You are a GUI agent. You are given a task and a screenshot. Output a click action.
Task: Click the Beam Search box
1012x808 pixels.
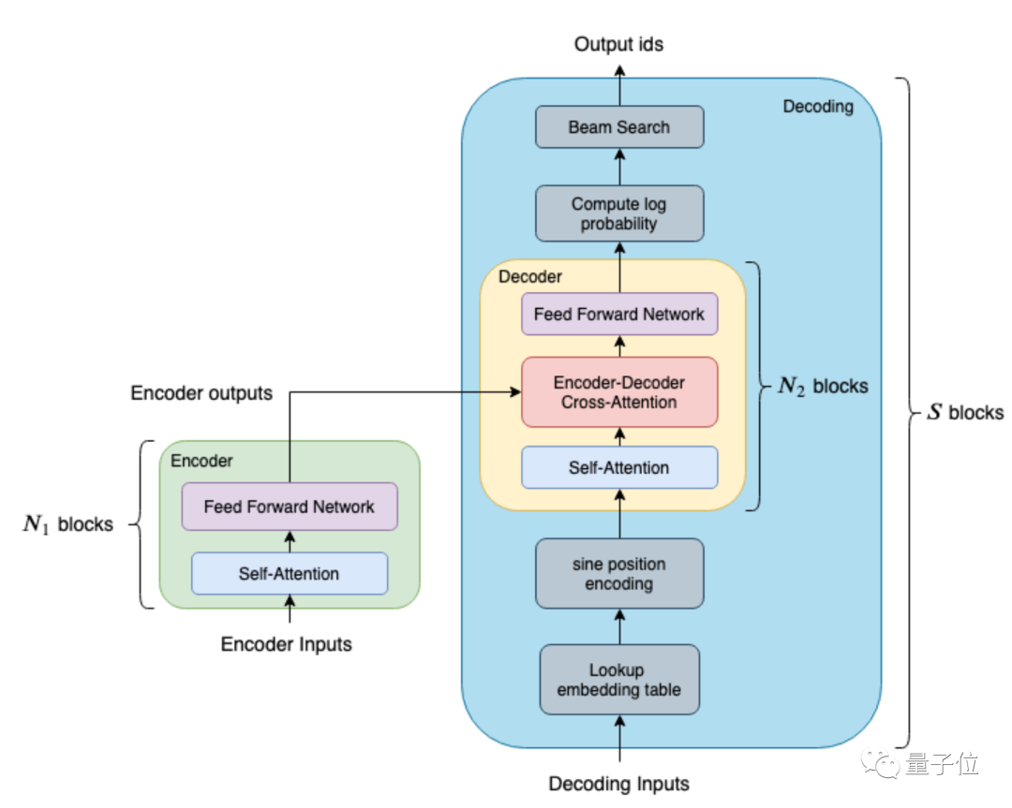pos(619,127)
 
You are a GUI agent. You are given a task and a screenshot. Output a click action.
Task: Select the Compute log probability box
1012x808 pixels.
pos(619,213)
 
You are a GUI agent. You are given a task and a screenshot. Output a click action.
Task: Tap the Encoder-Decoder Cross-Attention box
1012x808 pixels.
pos(619,392)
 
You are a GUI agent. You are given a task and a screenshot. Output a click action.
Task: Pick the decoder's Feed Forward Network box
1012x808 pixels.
pos(619,314)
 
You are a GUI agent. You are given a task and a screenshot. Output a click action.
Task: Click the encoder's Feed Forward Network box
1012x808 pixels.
pos(290,507)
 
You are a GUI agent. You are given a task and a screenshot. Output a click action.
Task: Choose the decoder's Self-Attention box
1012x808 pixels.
pos(619,467)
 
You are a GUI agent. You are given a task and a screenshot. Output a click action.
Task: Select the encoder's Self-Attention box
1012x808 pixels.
pos(290,573)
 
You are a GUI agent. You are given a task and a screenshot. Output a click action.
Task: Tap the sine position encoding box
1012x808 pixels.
pos(619,573)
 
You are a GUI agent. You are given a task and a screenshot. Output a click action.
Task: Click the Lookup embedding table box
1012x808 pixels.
pos(619,680)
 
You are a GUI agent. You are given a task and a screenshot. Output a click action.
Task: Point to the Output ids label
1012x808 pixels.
pos(619,44)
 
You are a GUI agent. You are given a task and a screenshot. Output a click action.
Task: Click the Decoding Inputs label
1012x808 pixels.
pos(619,784)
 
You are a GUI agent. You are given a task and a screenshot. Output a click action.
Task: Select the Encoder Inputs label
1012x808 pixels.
pos(287,644)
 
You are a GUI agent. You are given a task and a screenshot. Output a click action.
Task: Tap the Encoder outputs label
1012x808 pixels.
pos(201,392)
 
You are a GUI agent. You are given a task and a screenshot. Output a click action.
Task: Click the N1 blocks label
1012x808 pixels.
pos(68,523)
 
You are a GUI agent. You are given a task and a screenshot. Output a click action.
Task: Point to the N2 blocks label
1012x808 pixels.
pos(824,386)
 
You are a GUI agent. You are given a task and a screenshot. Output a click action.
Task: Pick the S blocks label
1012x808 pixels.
pos(965,412)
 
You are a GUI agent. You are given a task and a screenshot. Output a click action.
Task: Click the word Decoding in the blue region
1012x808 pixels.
pos(818,107)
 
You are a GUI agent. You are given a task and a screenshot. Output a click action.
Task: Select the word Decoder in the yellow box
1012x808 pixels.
pos(530,276)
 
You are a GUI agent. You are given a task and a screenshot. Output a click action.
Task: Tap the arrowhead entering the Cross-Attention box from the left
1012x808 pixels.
pos(515,392)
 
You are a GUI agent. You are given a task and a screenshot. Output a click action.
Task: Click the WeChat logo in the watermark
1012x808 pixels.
pos(880,763)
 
